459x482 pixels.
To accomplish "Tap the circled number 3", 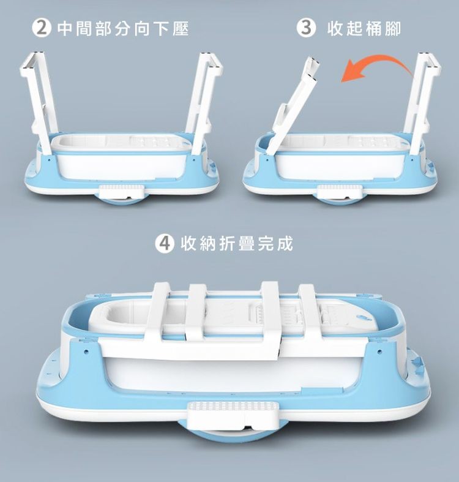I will (305, 29).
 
